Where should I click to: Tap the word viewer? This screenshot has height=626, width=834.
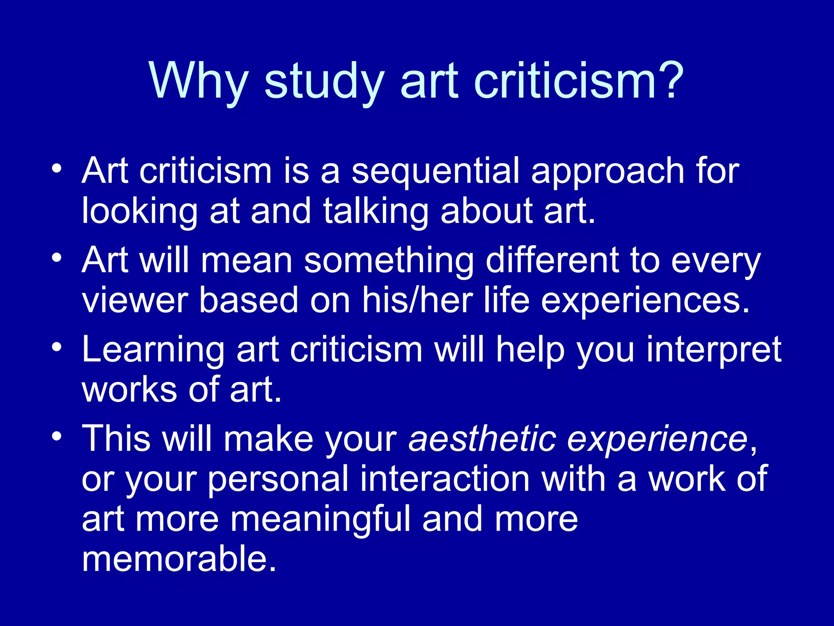tap(134, 300)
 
